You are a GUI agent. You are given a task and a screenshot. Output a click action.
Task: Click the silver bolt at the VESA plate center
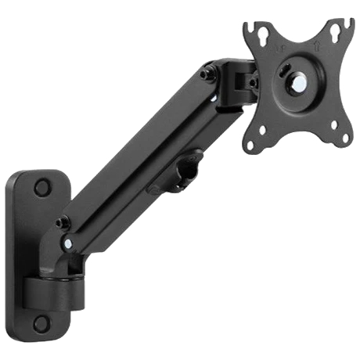click(x=297, y=82)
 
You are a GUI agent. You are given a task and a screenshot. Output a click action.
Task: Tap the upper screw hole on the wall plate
click(x=41, y=188)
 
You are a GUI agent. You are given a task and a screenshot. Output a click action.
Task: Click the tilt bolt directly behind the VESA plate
click(x=251, y=82)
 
